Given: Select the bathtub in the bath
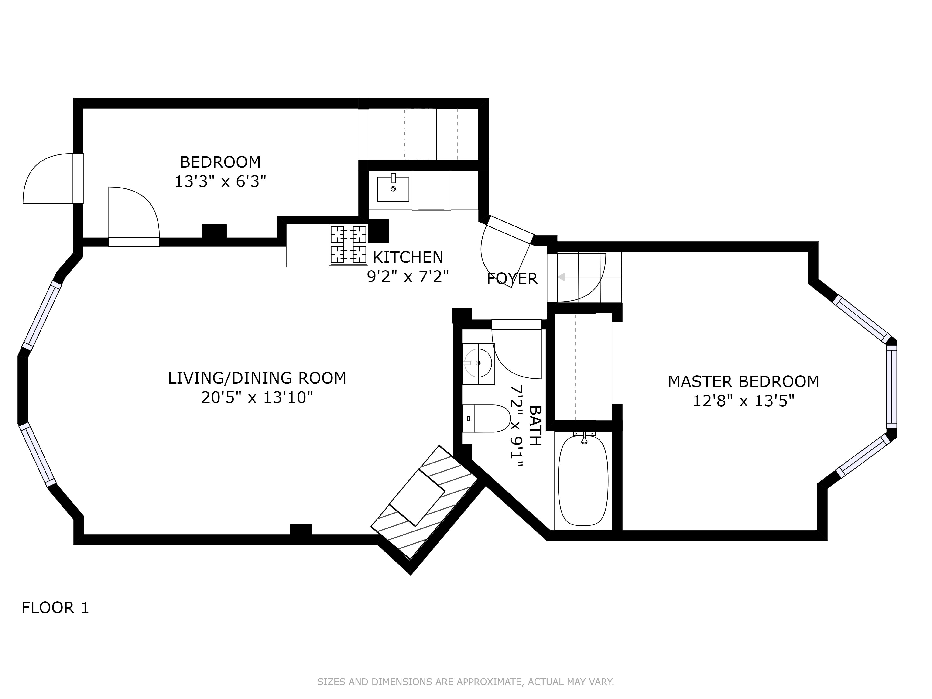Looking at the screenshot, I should (583, 480).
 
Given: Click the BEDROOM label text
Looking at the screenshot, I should (220, 162).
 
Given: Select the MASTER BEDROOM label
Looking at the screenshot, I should (743, 381).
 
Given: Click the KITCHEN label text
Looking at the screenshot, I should (408, 257).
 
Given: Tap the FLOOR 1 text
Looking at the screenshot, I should (55, 608).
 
